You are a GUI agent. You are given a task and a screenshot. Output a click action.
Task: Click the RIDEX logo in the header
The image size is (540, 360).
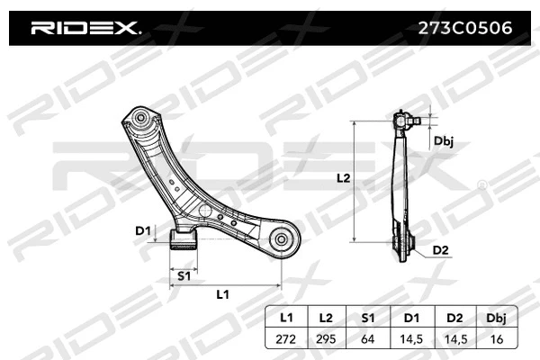85,29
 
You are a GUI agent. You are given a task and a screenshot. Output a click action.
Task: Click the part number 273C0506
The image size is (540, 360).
461,29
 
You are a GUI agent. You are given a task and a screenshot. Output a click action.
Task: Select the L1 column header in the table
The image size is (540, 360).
286,318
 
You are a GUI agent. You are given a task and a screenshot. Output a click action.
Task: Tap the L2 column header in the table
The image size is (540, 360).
325,318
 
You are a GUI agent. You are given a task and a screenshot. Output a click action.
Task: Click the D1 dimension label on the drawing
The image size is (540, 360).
142,231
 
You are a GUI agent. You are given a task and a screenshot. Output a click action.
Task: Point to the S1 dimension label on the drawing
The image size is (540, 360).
183,274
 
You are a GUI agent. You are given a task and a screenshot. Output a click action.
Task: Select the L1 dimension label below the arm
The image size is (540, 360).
222,295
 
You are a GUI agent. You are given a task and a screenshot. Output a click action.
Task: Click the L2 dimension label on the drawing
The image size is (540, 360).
342,178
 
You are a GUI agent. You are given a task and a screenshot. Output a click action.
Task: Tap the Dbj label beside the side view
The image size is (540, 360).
443,140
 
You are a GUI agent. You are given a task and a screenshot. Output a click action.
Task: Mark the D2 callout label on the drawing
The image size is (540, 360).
440,249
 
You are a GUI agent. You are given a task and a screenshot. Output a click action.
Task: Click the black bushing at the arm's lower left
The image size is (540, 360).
184,238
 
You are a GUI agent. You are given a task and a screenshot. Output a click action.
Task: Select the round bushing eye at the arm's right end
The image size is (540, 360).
281,239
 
